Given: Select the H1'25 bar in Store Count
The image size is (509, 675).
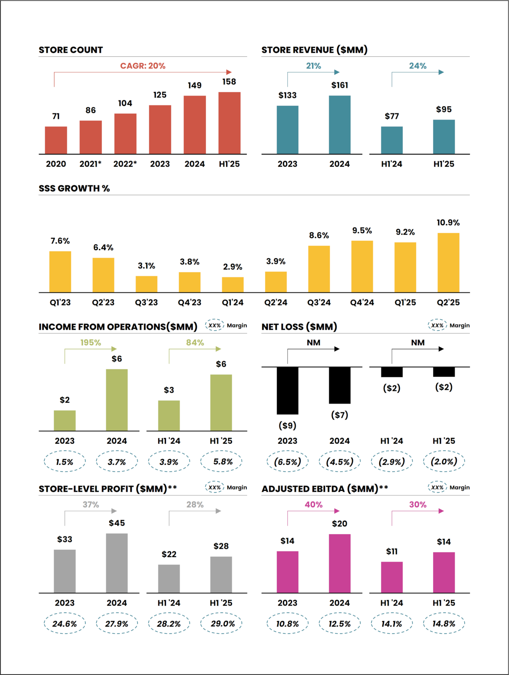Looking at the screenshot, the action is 229,123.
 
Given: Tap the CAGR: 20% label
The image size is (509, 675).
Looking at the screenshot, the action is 143,66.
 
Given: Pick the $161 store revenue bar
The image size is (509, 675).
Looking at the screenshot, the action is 340,125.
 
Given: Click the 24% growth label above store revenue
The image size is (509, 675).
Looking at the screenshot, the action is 418,66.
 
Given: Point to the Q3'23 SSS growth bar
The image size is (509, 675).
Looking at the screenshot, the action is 146,284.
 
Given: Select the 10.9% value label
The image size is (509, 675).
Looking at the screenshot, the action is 448,222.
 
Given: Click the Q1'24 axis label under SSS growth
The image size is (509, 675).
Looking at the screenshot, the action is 233,302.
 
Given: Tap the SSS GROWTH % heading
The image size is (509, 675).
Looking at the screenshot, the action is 74,188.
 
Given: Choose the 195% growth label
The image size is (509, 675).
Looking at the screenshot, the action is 91,343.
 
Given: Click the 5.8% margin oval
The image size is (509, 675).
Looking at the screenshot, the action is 221,461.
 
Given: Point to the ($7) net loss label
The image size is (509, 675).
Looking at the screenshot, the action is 340,415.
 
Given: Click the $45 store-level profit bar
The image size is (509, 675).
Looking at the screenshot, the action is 117,563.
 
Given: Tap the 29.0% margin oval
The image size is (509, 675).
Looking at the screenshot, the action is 221,624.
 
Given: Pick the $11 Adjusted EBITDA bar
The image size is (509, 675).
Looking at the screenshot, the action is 392,577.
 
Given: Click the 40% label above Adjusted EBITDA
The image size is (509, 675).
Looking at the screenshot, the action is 313,505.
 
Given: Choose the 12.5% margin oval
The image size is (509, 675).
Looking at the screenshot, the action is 340,624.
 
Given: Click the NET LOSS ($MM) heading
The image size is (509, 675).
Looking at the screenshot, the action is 299,327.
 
